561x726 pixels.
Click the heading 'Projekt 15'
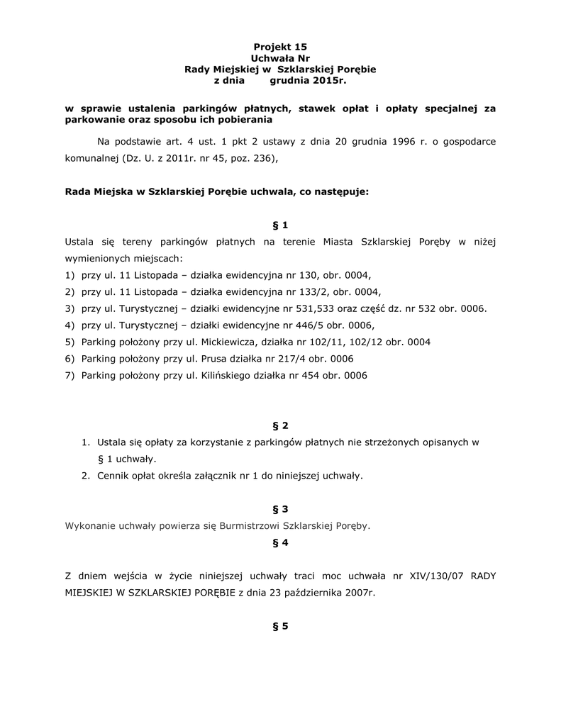pyautogui.click(x=280, y=46)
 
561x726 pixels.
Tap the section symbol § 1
pyautogui.click(x=280, y=225)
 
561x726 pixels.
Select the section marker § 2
pyautogui.click(x=280, y=425)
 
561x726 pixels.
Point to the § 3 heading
pyautogui.click(x=280, y=509)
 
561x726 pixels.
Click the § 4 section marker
pyautogui.click(x=280, y=542)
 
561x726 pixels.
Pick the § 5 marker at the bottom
pyautogui.click(x=280, y=626)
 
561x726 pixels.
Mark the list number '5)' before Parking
pyautogui.click(x=70, y=342)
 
